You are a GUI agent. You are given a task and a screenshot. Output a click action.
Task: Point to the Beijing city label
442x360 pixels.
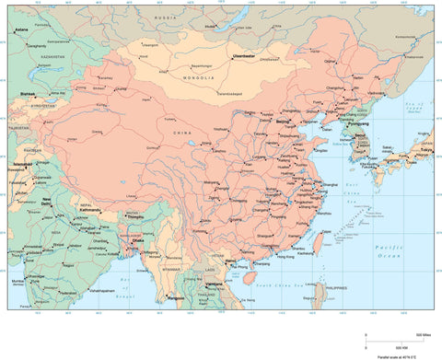point(285,121)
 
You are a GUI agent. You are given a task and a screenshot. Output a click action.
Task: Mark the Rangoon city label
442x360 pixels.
point(166,296)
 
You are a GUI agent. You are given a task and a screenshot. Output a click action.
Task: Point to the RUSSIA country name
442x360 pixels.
point(165,17)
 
